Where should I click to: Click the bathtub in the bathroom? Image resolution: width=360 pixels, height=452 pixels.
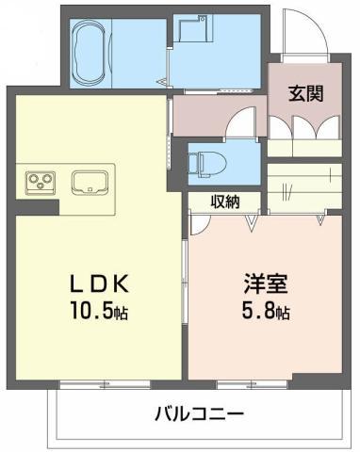click(90, 53)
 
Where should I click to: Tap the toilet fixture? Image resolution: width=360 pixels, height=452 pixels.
click(207, 163)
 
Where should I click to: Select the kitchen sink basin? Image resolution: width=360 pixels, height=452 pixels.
click(90, 183)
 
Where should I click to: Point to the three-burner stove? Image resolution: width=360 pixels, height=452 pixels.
click(41, 182)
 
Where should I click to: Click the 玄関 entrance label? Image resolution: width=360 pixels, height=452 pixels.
click(306, 93)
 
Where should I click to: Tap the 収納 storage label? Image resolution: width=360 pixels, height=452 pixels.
click(225, 202)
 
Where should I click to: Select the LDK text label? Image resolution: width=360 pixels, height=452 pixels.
click(99, 283)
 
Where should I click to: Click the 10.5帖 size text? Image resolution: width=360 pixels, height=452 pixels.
click(99, 310)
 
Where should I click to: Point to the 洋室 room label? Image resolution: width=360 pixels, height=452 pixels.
click(266, 283)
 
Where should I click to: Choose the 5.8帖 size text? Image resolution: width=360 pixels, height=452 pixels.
click(266, 310)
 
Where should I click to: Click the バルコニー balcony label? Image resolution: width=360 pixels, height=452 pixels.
click(200, 414)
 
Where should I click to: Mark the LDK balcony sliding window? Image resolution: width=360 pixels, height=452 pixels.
click(105, 384)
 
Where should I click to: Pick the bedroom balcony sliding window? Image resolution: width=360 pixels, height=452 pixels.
click(252, 384)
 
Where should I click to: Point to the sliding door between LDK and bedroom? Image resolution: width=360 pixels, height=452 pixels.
click(185, 281)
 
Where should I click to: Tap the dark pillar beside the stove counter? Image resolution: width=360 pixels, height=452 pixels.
click(37, 207)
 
